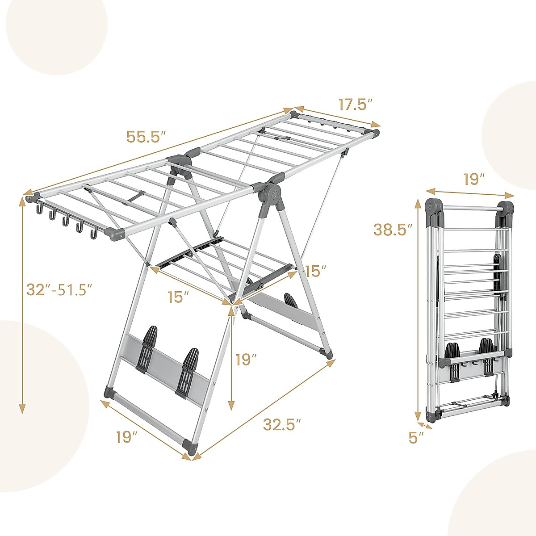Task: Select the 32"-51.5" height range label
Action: coord(59,290)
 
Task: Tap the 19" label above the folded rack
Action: coord(474,180)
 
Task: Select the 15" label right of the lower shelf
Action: coord(316,271)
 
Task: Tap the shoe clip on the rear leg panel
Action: coord(290,300)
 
